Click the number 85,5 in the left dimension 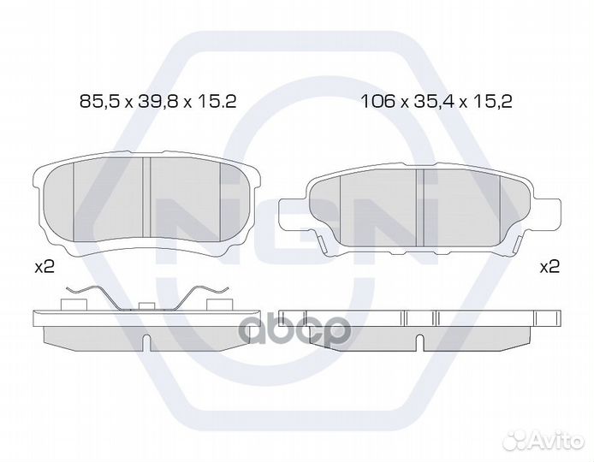tap(99, 102)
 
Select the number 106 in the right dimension tap(378, 102)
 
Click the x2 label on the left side tap(45, 268)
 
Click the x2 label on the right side tap(549, 268)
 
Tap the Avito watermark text tap(555, 441)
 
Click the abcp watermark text tap(296, 330)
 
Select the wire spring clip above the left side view tap(147, 297)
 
